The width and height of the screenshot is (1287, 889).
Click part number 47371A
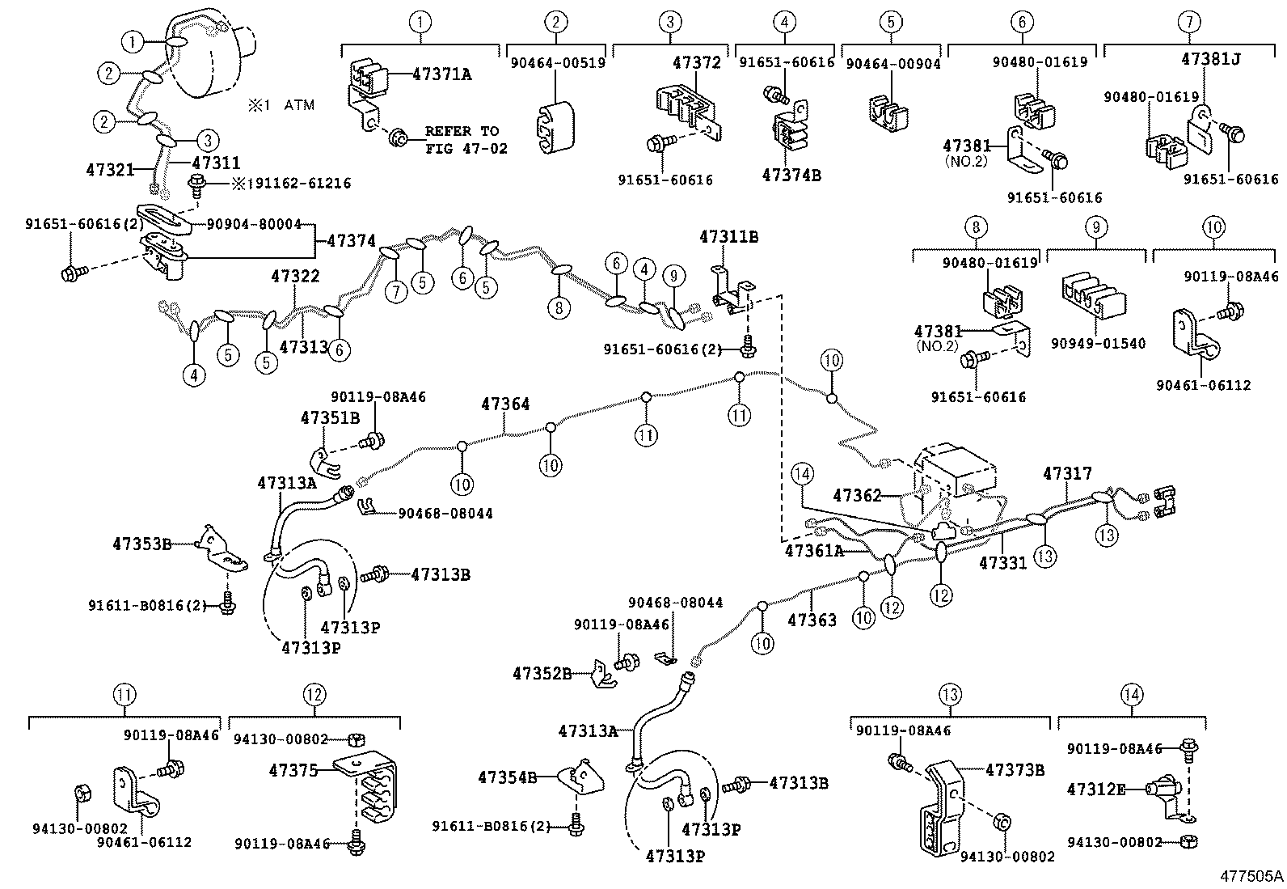[x=441, y=74]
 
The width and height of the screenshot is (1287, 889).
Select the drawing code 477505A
[x=1251, y=876]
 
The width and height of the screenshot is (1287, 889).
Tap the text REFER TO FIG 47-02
[x=462, y=139]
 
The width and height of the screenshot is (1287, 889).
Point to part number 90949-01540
[x=1098, y=343]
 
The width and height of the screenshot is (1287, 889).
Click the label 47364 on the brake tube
[x=505, y=404]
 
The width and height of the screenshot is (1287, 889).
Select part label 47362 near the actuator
[x=857, y=495]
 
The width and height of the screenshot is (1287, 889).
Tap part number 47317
[x=1067, y=474]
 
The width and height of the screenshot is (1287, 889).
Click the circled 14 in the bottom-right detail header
[x=1132, y=694]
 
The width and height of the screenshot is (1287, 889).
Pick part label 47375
[x=293, y=771]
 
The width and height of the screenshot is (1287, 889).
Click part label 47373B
[x=1015, y=769]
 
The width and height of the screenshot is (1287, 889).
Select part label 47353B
[x=142, y=544]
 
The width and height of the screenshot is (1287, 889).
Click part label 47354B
[x=508, y=777]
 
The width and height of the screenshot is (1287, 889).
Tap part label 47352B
[x=542, y=673]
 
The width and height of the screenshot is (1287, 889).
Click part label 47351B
[x=330, y=418]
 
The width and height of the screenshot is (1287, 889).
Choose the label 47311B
[x=728, y=237]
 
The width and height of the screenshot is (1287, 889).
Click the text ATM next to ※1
[x=299, y=105]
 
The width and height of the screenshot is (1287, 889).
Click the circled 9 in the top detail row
[x=1095, y=227]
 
